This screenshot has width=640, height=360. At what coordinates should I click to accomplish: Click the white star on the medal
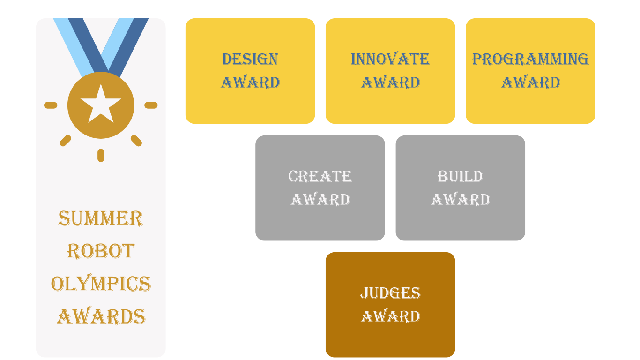(x=101, y=104)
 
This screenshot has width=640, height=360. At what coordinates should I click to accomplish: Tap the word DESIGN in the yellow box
(x=250, y=59)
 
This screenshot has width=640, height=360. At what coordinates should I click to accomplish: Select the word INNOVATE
(x=390, y=59)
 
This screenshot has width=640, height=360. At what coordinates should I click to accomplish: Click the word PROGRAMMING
(x=530, y=59)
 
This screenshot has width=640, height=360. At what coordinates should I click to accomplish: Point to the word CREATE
(x=320, y=176)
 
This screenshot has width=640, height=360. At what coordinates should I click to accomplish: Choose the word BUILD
(x=460, y=176)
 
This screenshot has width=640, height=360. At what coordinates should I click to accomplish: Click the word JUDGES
(x=390, y=293)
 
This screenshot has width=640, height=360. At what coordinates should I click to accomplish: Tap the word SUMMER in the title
(x=101, y=218)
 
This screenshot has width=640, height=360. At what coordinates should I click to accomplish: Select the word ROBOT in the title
(x=101, y=251)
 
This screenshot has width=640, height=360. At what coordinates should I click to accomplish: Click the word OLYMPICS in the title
(x=101, y=284)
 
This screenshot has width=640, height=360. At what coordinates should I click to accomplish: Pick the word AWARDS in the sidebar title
(x=101, y=317)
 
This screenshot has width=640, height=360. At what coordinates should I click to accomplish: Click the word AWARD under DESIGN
(x=250, y=82)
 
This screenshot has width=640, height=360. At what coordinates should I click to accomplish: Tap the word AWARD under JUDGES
(x=390, y=316)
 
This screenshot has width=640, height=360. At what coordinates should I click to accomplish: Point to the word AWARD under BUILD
(x=460, y=200)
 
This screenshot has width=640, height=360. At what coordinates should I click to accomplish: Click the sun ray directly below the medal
(x=101, y=155)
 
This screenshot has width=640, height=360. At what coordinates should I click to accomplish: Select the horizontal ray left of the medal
(x=51, y=105)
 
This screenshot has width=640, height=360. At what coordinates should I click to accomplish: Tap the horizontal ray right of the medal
(x=151, y=105)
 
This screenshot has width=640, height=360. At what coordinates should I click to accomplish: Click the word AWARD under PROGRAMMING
(x=530, y=82)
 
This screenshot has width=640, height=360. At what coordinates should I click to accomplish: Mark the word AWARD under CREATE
(x=320, y=200)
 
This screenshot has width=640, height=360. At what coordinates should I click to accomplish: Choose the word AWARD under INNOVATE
(x=390, y=82)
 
